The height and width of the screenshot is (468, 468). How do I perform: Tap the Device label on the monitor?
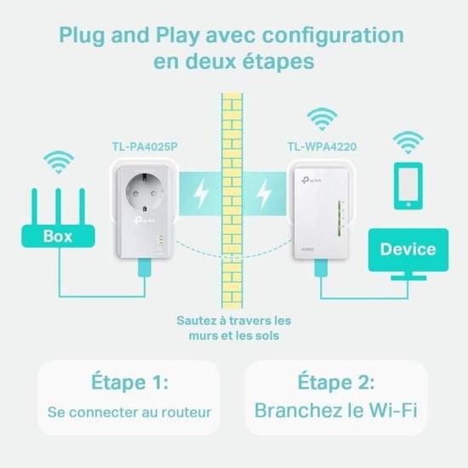click(x=408, y=249)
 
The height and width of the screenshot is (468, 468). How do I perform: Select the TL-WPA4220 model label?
click(x=322, y=146)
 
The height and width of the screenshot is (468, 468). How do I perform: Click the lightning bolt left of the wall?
click(x=201, y=197)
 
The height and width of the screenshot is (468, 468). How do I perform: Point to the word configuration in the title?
click(x=328, y=37)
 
